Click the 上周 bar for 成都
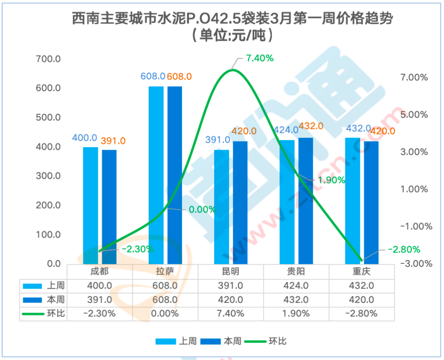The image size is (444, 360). pyautogui.click(x=90, y=205)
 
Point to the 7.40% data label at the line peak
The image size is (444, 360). pyautogui.click(x=260, y=58)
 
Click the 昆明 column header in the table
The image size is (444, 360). pyautogui.click(x=231, y=272)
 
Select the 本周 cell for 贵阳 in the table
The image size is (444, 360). pyautogui.click(x=296, y=300)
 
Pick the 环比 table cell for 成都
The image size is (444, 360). pyautogui.click(x=99, y=314)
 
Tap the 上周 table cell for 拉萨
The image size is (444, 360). pyautogui.click(x=165, y=286)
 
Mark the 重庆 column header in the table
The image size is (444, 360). pyautogui.click(x=362, y=272)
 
